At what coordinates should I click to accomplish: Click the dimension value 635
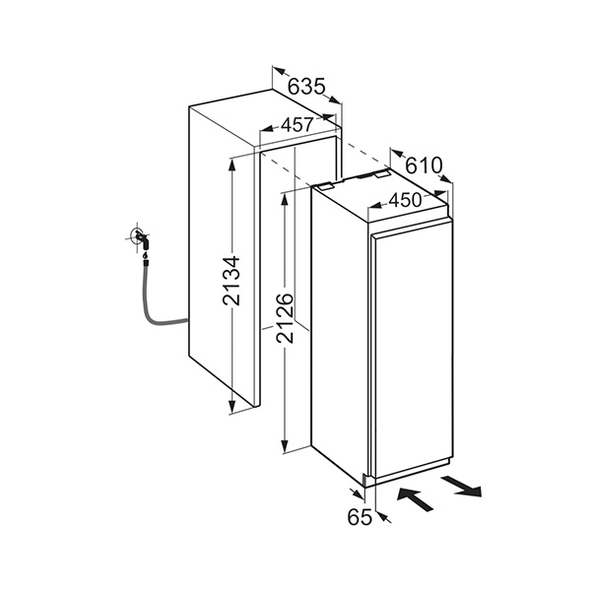307,86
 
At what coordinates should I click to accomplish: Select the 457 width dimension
296,125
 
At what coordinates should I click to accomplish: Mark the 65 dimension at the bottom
360,516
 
